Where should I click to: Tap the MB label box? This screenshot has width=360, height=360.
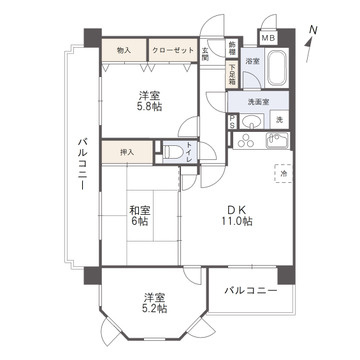pyautogui.click(x=268, y=38)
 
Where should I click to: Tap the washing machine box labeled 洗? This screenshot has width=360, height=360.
pyautogui.click(x=280, y=121)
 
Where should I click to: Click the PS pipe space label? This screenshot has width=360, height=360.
pyautogui.click(x=233, y=123)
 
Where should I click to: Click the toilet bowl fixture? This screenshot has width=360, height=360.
pyautogui.click(x=176, y=152)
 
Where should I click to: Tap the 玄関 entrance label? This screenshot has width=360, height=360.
pyautogui.click(x=205, y=54)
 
